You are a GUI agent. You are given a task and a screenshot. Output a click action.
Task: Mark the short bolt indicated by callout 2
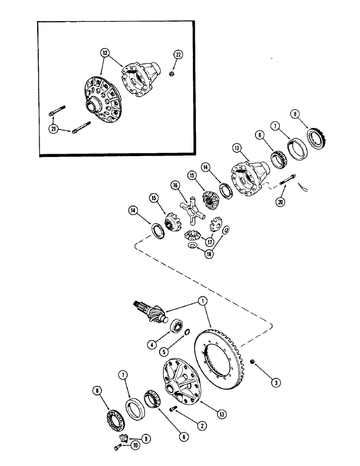(x=173, y=411)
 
